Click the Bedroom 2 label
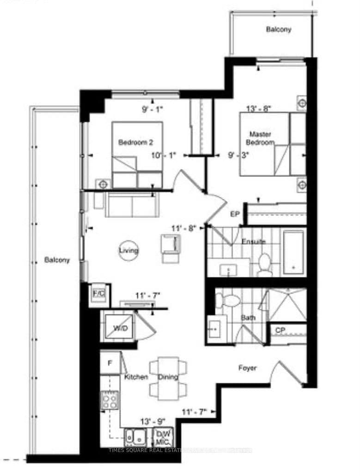[x=133, y=142]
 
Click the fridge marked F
[x=110, y=363]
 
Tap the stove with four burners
[x=110, y=400]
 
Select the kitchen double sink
[x=136, y=435]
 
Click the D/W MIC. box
[x=163, y=435]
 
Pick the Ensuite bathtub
[x=293, y=252]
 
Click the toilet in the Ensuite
[x=265, y=264]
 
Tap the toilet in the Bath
[x=229, y=301]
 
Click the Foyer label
[x=247, y=368]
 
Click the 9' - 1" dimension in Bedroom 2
[x=153, y=110]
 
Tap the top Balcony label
[x=278, y=30]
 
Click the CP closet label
[x=280, y=331]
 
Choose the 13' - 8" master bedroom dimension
[x=259, y=109]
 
